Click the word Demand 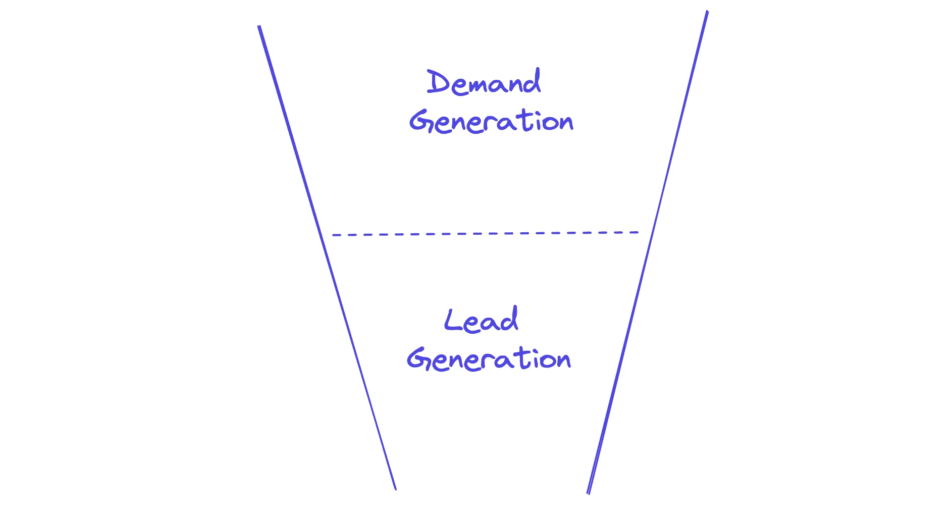(484, 83)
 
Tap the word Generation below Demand (491, 122)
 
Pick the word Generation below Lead (489, 359)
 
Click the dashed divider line (485, 234)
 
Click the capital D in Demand (437, 82)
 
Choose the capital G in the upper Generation (420, 122)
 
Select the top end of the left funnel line (259, 26)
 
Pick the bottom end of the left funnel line (396, 489)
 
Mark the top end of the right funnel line (707, 12)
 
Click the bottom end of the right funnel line (588, 493)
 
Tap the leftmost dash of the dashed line (337, 235)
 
